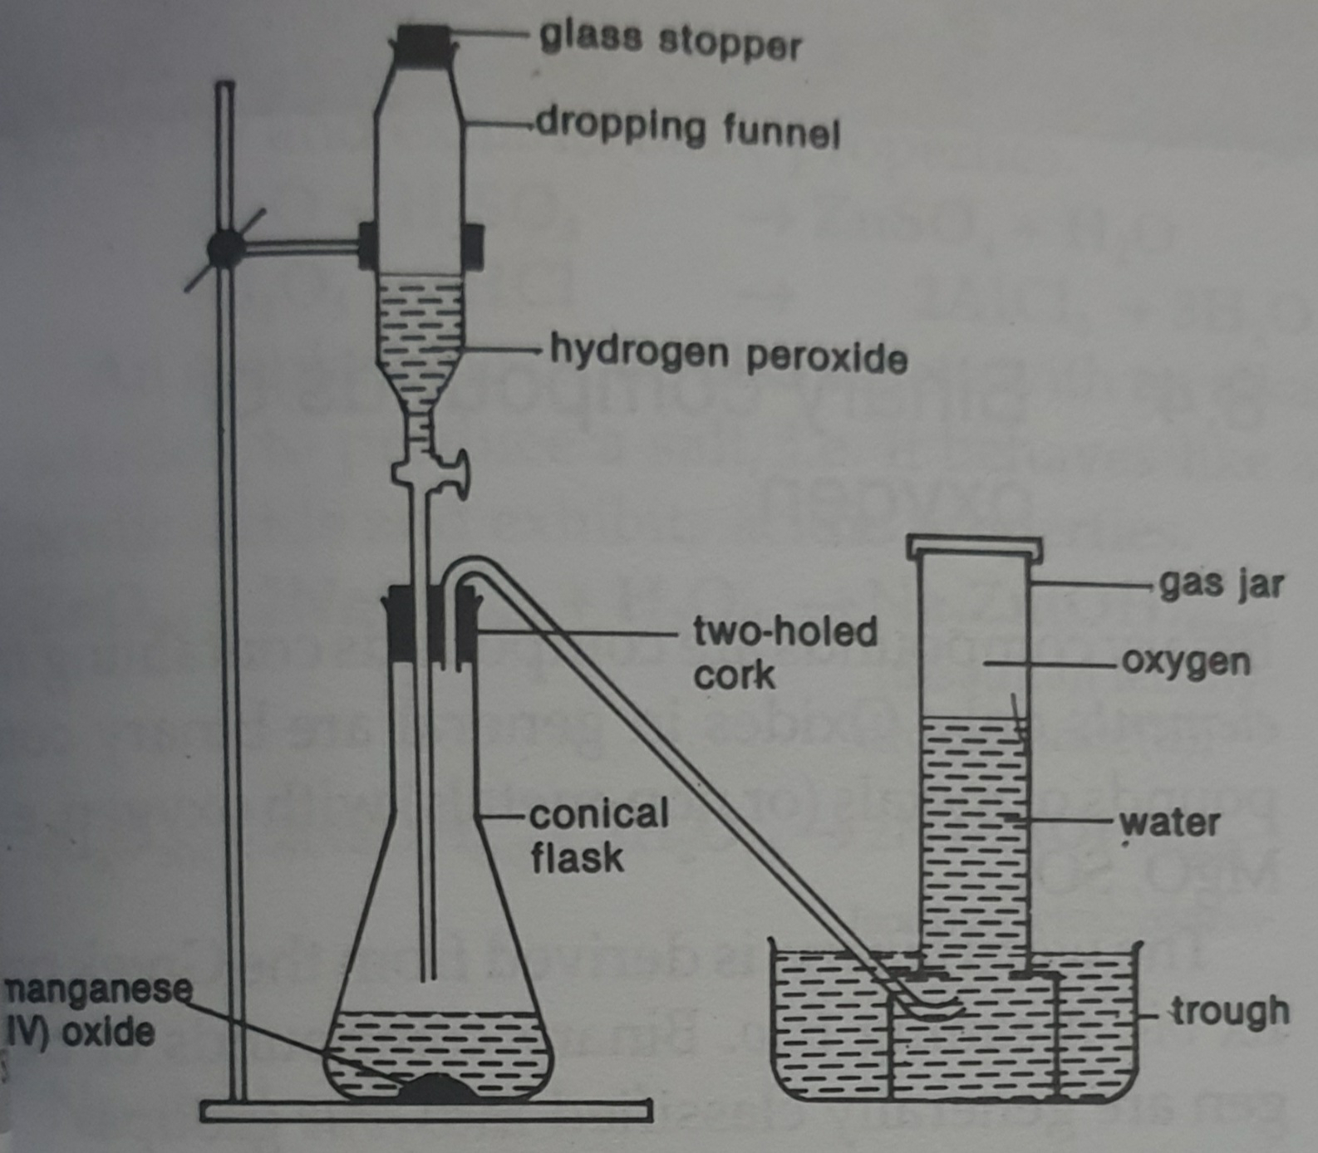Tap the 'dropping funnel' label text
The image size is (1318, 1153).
688,130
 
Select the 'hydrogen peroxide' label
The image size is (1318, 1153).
728,356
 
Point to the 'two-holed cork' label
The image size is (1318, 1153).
784,653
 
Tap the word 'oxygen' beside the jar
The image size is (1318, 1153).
1185,662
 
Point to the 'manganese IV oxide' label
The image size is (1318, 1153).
91,1011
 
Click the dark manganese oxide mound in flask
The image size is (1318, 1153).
439,1088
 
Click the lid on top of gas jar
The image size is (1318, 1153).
973,546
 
